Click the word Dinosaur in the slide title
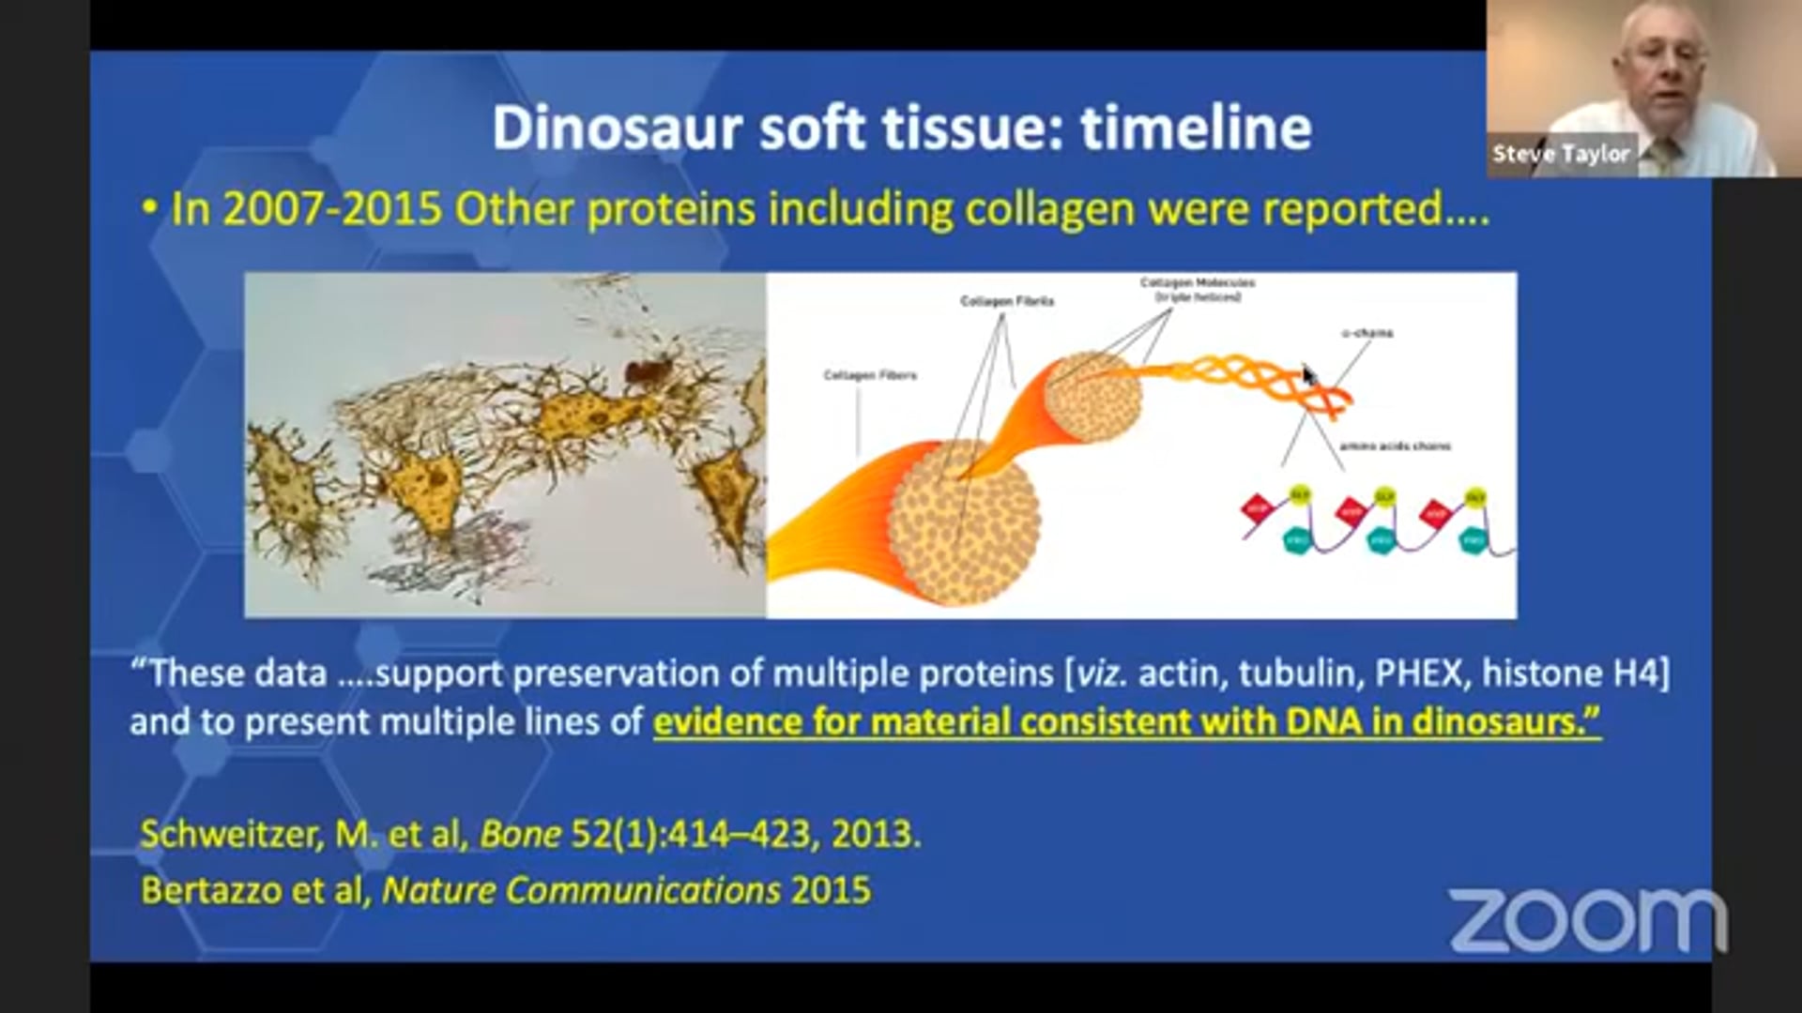[x=617, y=128]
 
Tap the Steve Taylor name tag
[x=1561, y=154]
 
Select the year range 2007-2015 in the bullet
[x=331, y=208]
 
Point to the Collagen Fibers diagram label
[x=869, y=375]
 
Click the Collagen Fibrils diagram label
[x=1006, y=301]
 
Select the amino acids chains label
[x=1394, y=446]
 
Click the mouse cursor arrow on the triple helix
[x=1308, y=375]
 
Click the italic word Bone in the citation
[x=520, y=834]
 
